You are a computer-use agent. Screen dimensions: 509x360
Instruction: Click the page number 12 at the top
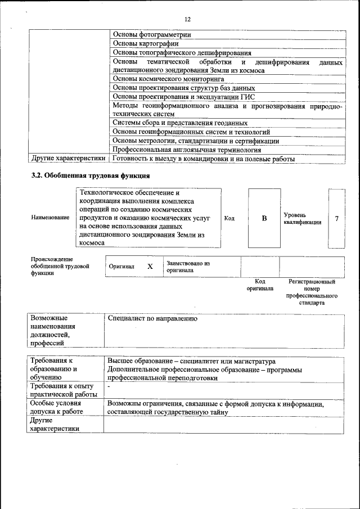(x=187, y=20)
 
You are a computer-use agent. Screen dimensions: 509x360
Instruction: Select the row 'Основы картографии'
(x=146, y=43)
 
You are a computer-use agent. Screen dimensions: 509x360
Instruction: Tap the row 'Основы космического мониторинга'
(x=168, y=79)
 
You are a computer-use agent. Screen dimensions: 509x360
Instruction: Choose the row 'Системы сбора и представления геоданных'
(x=180, y=123)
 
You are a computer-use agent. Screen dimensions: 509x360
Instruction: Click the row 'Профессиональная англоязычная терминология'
(x=187, y=150)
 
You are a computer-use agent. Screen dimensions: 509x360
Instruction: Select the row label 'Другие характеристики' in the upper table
(x=69, y=159)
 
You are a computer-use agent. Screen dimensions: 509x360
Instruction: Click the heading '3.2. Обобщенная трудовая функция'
(x=85, y=176)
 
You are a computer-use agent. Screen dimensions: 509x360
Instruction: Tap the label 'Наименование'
(x=51, y=218)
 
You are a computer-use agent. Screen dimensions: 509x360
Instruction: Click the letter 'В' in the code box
(x=264, y=218)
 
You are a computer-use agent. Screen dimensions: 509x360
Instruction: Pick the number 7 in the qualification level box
(x=336, y=218)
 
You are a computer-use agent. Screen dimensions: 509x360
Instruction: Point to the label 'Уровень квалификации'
(x=302, y=218)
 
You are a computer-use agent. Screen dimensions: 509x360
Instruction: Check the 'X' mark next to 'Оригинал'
(x=150, y=267)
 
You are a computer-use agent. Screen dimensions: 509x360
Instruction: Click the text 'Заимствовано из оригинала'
(x=188, y=267)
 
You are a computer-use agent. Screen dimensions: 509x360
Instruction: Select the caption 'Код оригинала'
(x=260, y=285)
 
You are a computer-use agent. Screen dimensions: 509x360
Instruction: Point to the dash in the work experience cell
(x=109, y=388)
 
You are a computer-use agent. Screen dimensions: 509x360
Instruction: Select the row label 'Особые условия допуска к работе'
(x=56, y=408)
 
